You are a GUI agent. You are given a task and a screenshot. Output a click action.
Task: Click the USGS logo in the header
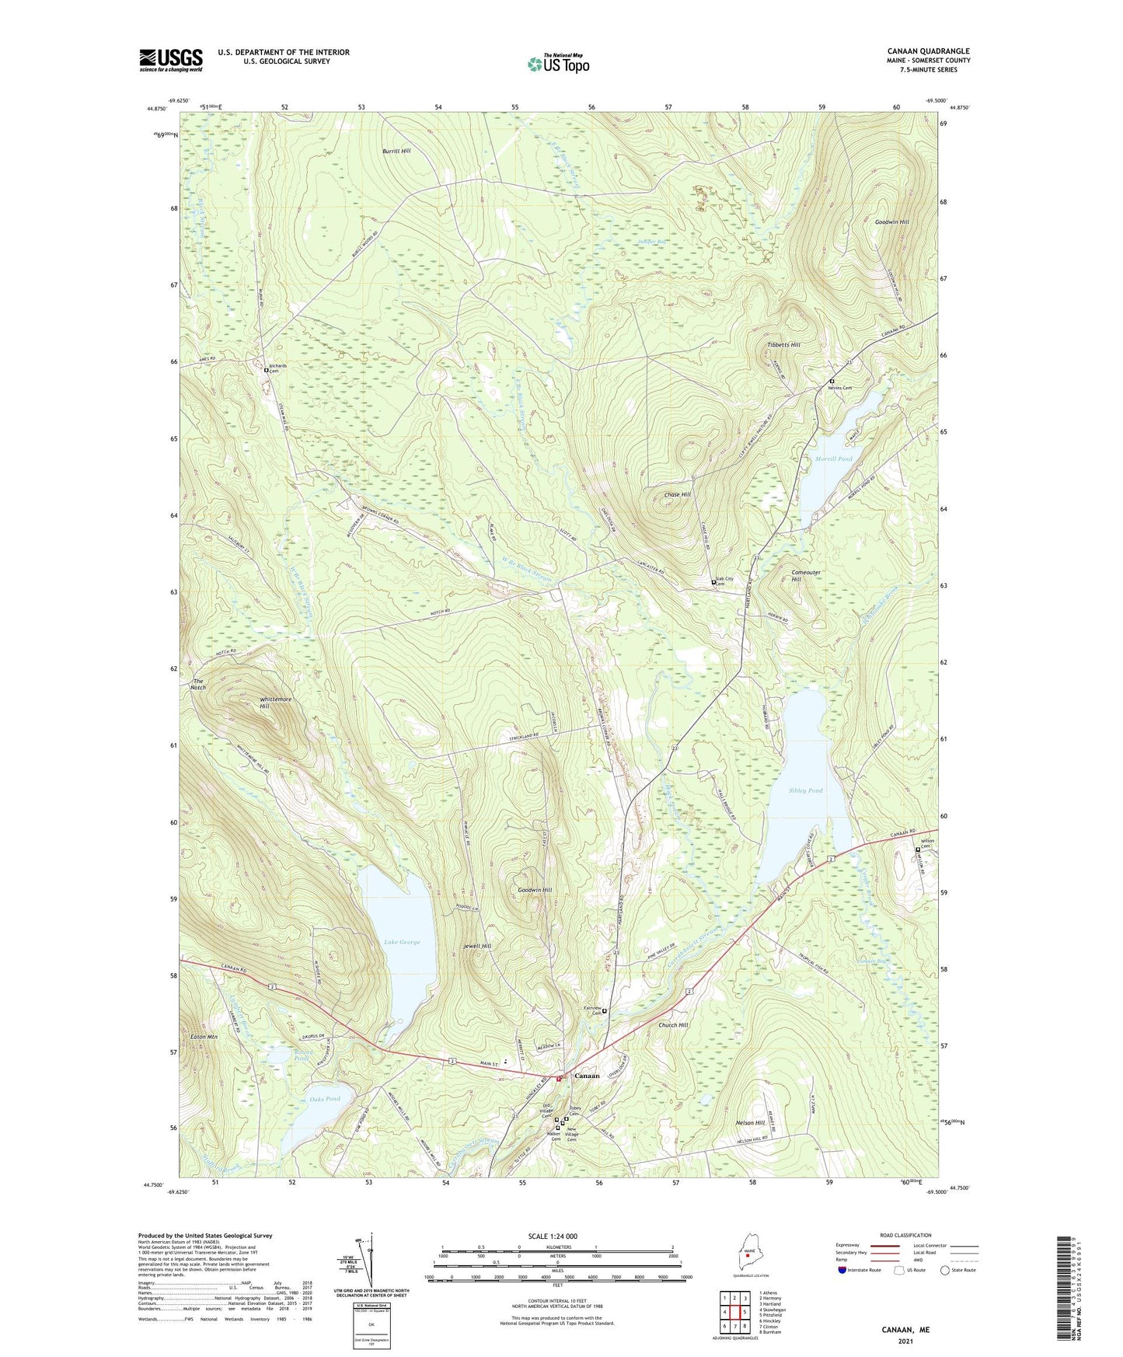tap(171, 60)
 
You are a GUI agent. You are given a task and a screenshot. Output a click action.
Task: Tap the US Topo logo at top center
tap(558, 64)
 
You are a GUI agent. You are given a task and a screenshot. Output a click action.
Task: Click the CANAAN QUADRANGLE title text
tap(928, 51)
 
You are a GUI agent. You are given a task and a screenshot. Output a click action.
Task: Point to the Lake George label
tap(402, 942)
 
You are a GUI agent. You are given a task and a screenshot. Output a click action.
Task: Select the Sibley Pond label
tap(805, 790)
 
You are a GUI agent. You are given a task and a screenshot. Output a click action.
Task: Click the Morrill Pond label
tap(833, 459)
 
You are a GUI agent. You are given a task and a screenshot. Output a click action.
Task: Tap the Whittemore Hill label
tap(275, 703)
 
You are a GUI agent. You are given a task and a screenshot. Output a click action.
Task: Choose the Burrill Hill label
tap(396, 151)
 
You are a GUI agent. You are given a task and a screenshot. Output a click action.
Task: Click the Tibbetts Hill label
tap(783, 344)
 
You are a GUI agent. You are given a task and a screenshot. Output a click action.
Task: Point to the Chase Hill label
tap(677, 494)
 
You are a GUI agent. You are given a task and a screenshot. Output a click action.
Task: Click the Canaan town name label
tap(586, 1076)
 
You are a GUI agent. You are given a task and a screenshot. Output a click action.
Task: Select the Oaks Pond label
tap(325, 1099)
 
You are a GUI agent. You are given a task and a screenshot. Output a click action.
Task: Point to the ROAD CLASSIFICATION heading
tap(905, 1235)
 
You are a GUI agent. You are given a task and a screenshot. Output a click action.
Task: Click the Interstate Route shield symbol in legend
tap(842, 1270)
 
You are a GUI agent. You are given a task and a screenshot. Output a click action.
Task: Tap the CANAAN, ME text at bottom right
tap(905, 1330)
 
